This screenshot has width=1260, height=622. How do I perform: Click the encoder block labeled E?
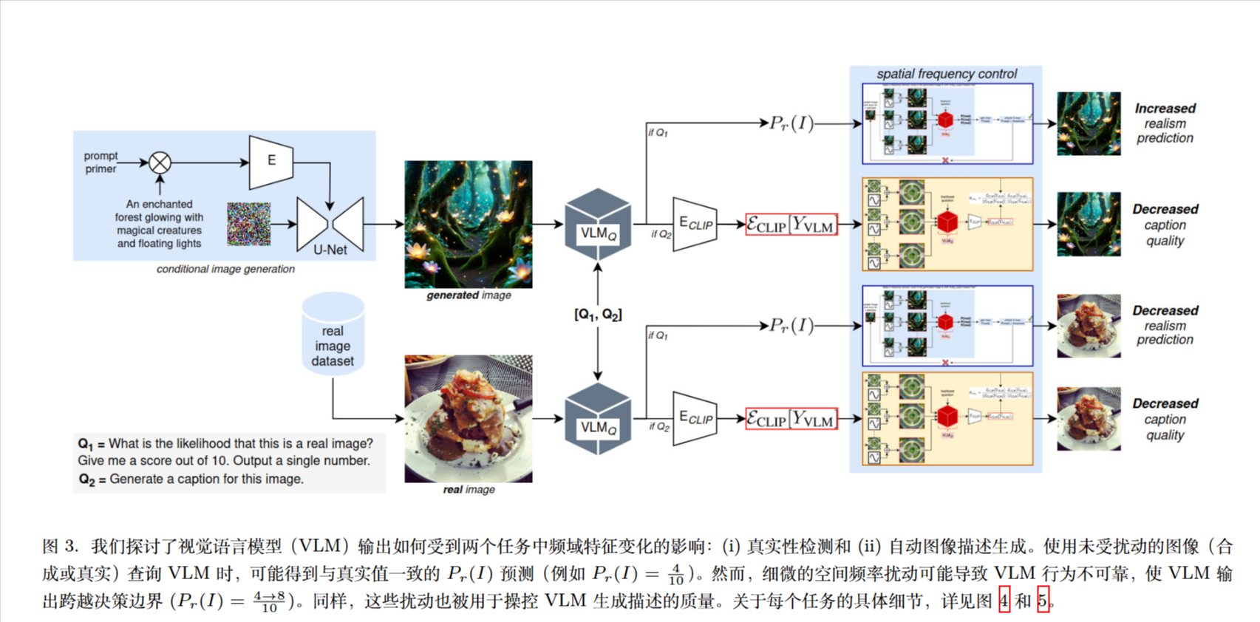pyautogui.click(x=271, y=161)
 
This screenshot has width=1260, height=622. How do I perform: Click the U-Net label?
pyautogui.click(x=330, y=250)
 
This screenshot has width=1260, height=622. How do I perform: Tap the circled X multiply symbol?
pyautogui.click(x=160, y=163)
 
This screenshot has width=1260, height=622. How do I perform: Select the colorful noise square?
pyautogui.click(x=248, y=224)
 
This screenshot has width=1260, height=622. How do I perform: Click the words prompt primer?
pyautogui.click(x=101, y=163)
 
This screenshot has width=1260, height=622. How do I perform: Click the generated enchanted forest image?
pyautogui.click(x=468, y=224)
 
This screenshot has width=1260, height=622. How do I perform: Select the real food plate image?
pyautogui.click(x=468, y=418)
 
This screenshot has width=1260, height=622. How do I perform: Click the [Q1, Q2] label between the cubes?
pyautogui.click(x=598, y=315)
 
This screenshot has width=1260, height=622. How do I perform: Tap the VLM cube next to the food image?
pyautogui.click(x=598, y=419)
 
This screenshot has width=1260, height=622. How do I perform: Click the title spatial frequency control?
pyautogui.click(x=946, y=74)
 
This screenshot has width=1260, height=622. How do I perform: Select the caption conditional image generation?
pyautogui.click(x=225, y=269)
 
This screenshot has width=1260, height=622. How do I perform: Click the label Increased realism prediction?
pyautogui.click(x=1165, y=123)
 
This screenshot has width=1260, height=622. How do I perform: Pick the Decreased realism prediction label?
pyautogui.click(x=1165, y=325)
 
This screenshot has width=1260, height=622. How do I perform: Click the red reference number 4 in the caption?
pyautogui.click(x=1004, y=601)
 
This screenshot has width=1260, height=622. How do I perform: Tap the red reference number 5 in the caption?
pyautogui.click(x=1042, y=601)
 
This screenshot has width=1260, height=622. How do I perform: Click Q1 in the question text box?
pyautogui.click(x=86, y=444)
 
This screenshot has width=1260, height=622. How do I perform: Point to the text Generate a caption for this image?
pyautogui.click(x=206, y=479)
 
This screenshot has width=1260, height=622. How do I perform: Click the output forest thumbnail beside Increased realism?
pyautogui.click(x=1089, y=123)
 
